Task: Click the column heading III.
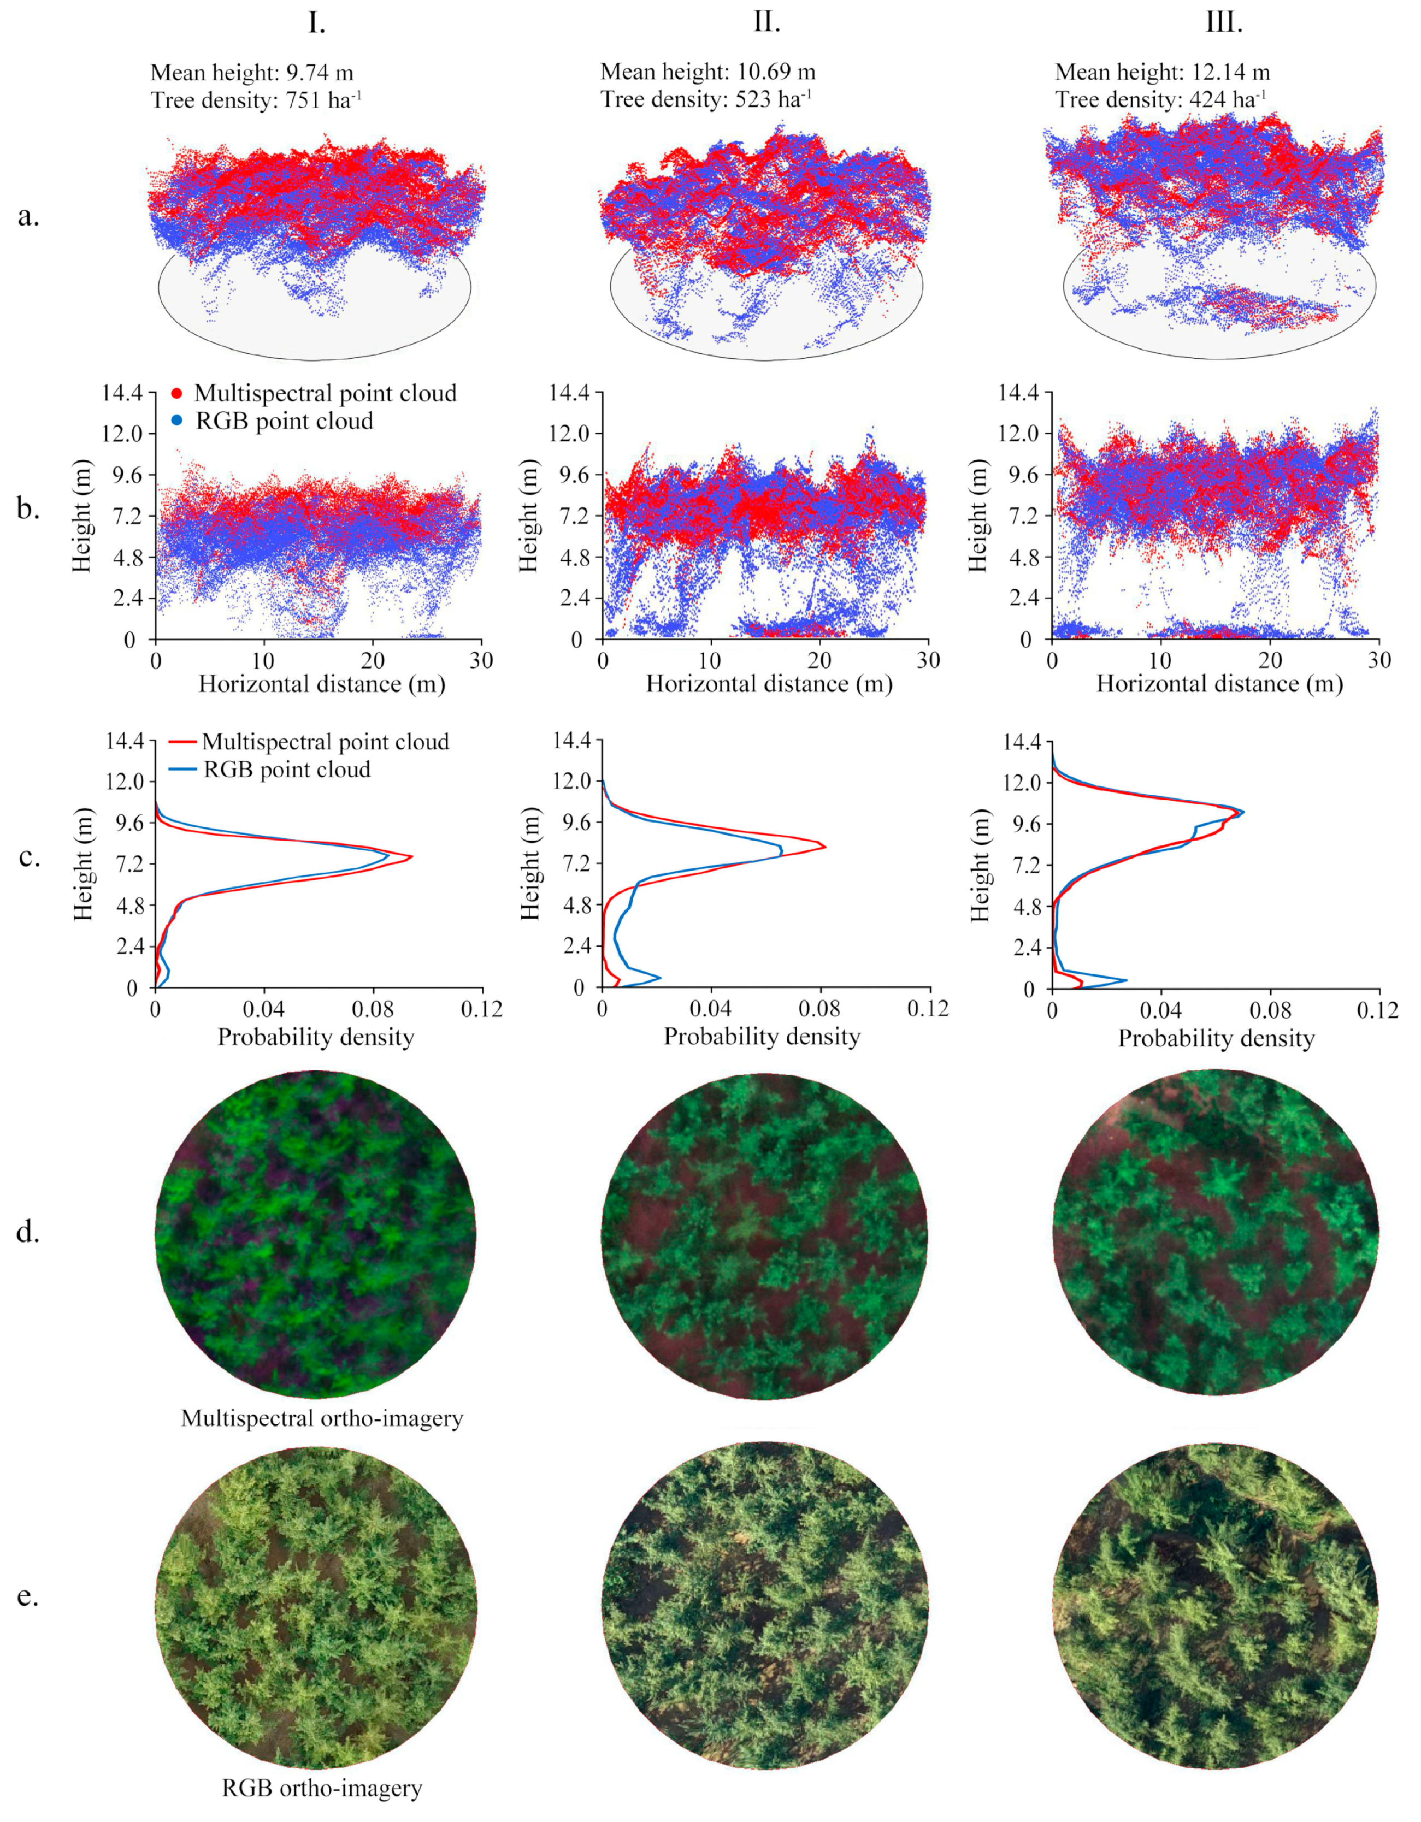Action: [x=1224, y=22]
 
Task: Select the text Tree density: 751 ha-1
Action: [x=256, y=100]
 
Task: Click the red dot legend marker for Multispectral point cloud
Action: [x=177, y=393]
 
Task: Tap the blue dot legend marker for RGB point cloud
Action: [x=177, y=421]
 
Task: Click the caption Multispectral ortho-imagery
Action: [x=322, y=1417]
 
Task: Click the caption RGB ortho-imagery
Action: [x=322, y=1788]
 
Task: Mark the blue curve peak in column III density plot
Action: [x=1243, y=812]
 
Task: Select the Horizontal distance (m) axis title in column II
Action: [x=769, y=685]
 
